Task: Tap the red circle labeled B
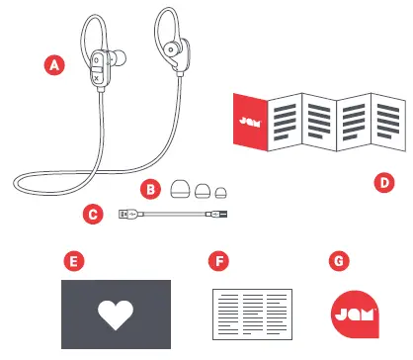(150, 187)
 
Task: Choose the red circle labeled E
(70, 261)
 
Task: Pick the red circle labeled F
(219, 261)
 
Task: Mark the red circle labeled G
(341, 261)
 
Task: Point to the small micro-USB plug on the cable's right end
(216, 213)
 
